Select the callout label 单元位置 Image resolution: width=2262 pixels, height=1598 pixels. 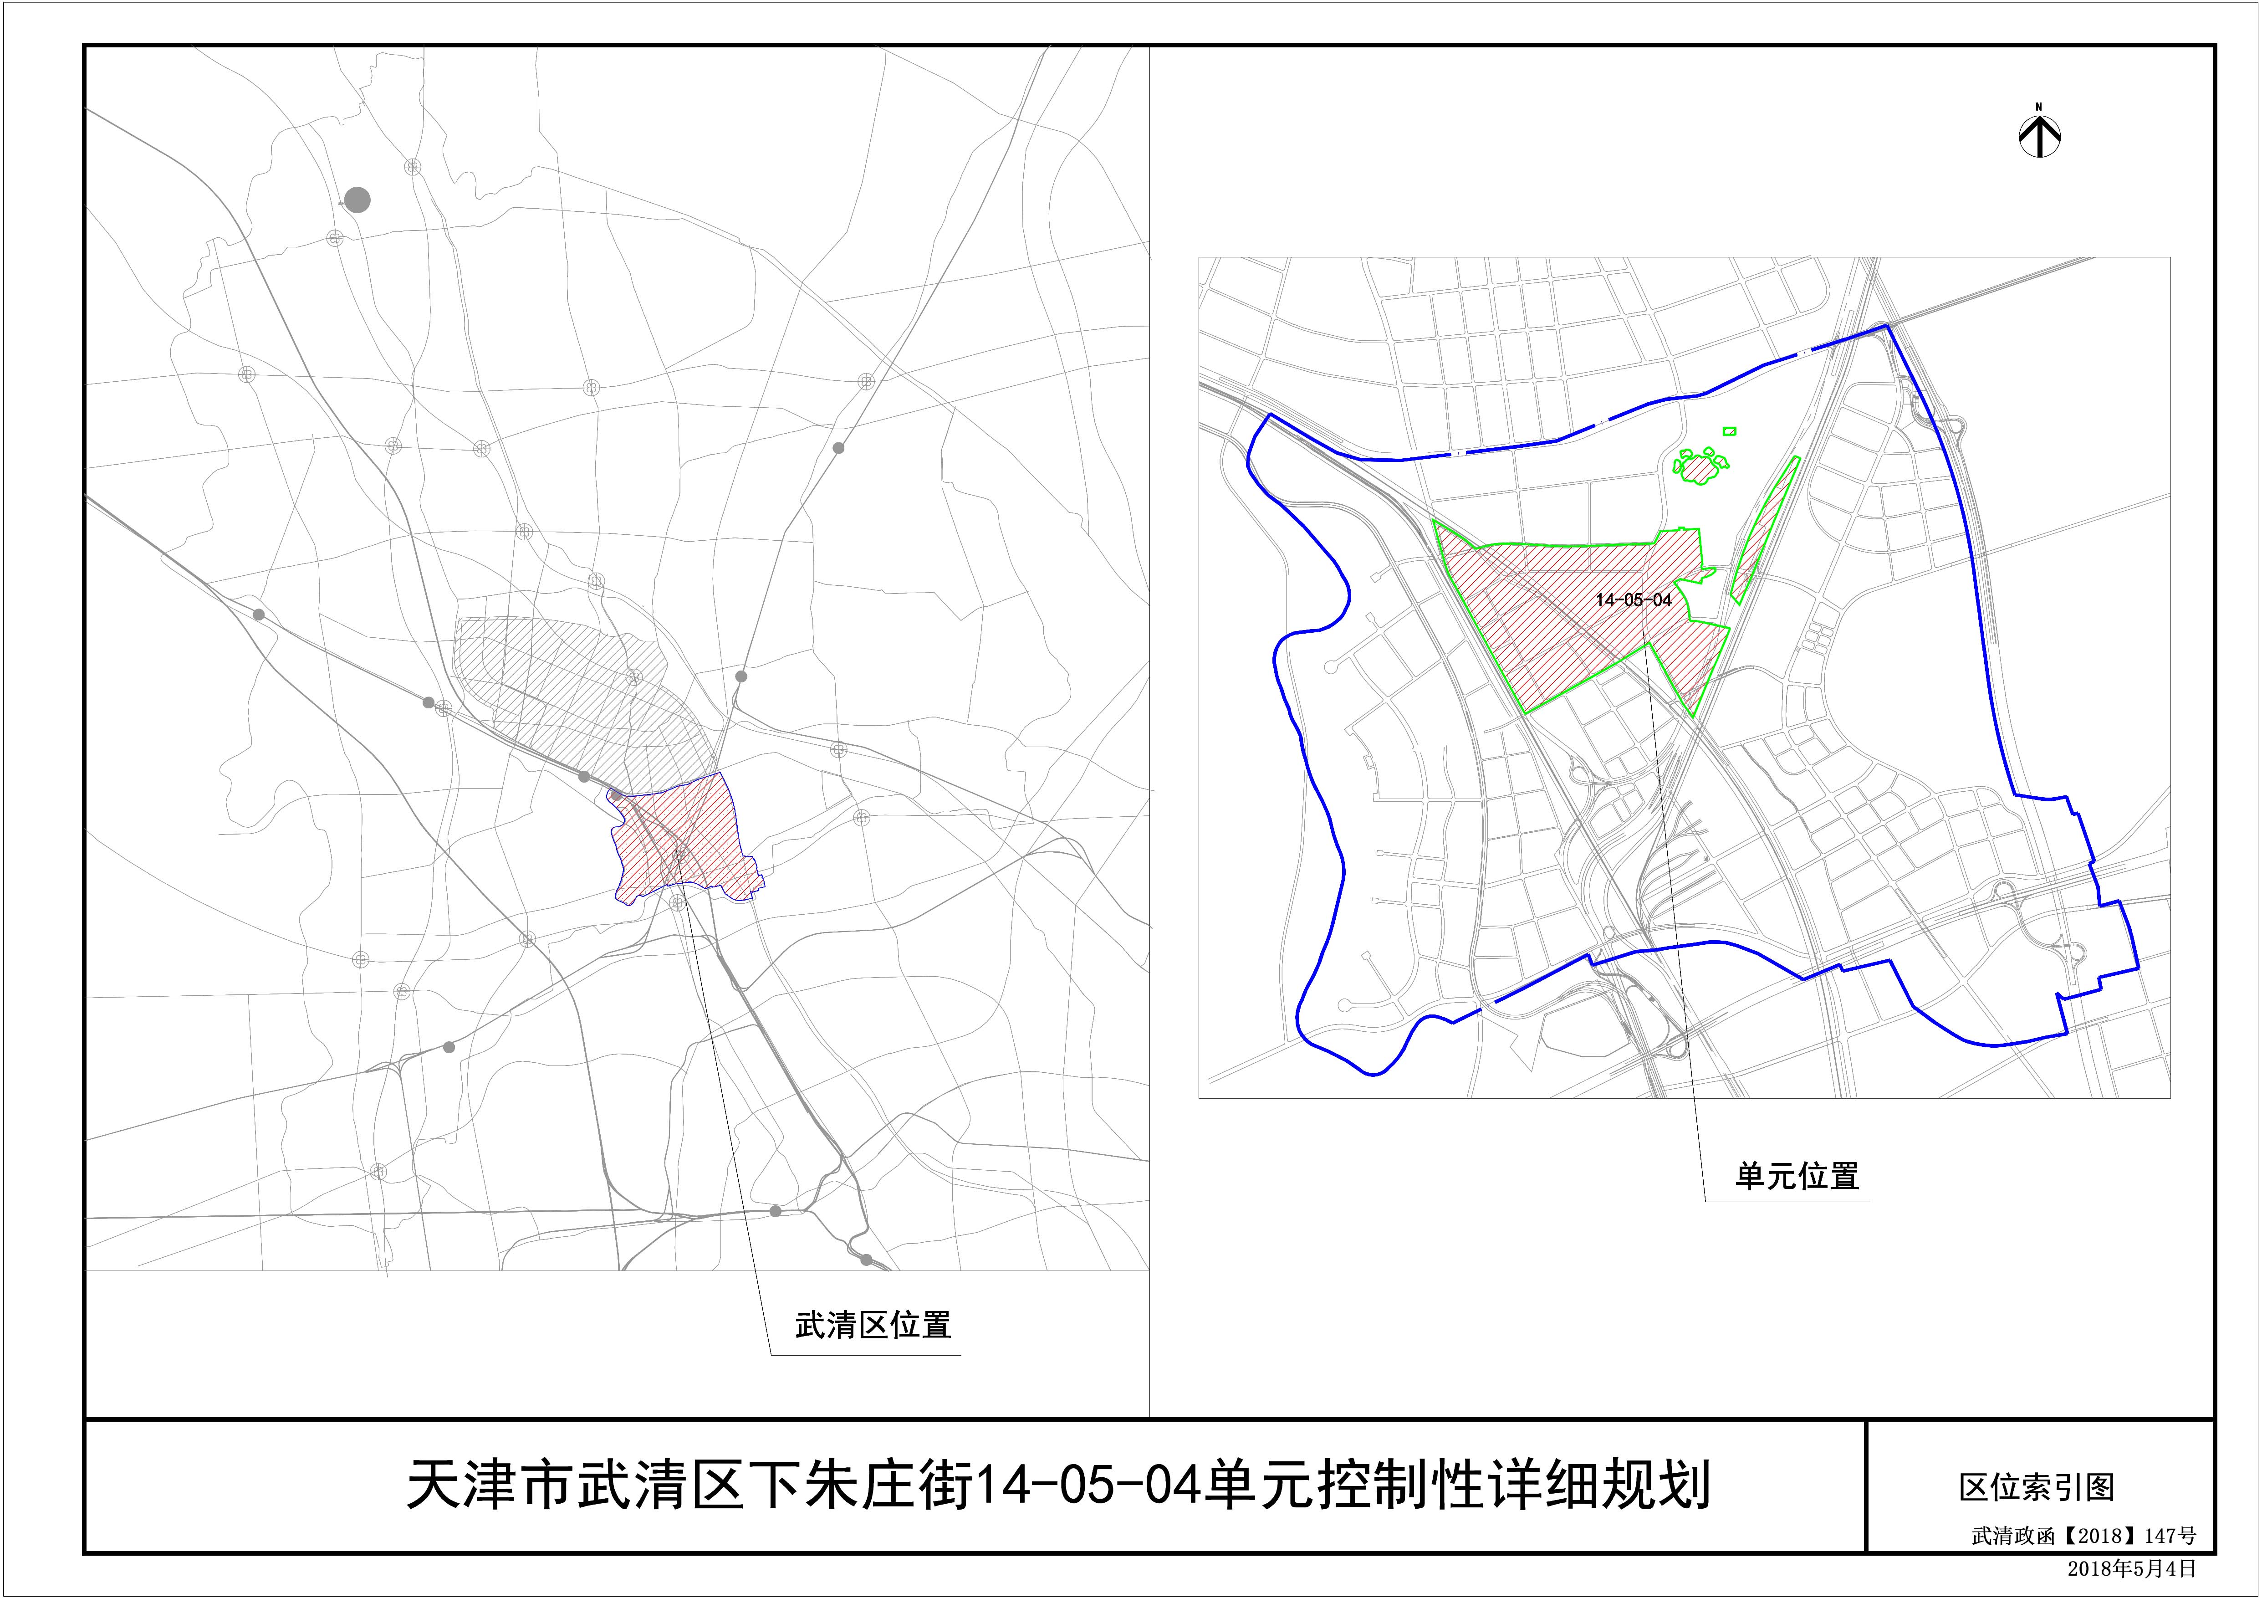coord(1796,1176)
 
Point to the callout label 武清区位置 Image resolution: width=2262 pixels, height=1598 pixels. coord(873,1325)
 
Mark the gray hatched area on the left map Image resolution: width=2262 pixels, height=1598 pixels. coord(572,690)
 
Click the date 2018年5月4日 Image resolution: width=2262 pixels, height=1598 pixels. coord(2131,1567)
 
